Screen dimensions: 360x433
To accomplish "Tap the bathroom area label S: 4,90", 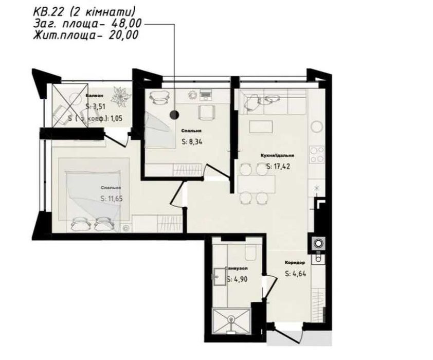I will click(238, 280).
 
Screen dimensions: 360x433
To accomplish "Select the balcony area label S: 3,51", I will click(96, 107).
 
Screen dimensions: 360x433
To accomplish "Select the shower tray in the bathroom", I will click(233, 321).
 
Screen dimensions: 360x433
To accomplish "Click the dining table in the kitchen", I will click(255, 183).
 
